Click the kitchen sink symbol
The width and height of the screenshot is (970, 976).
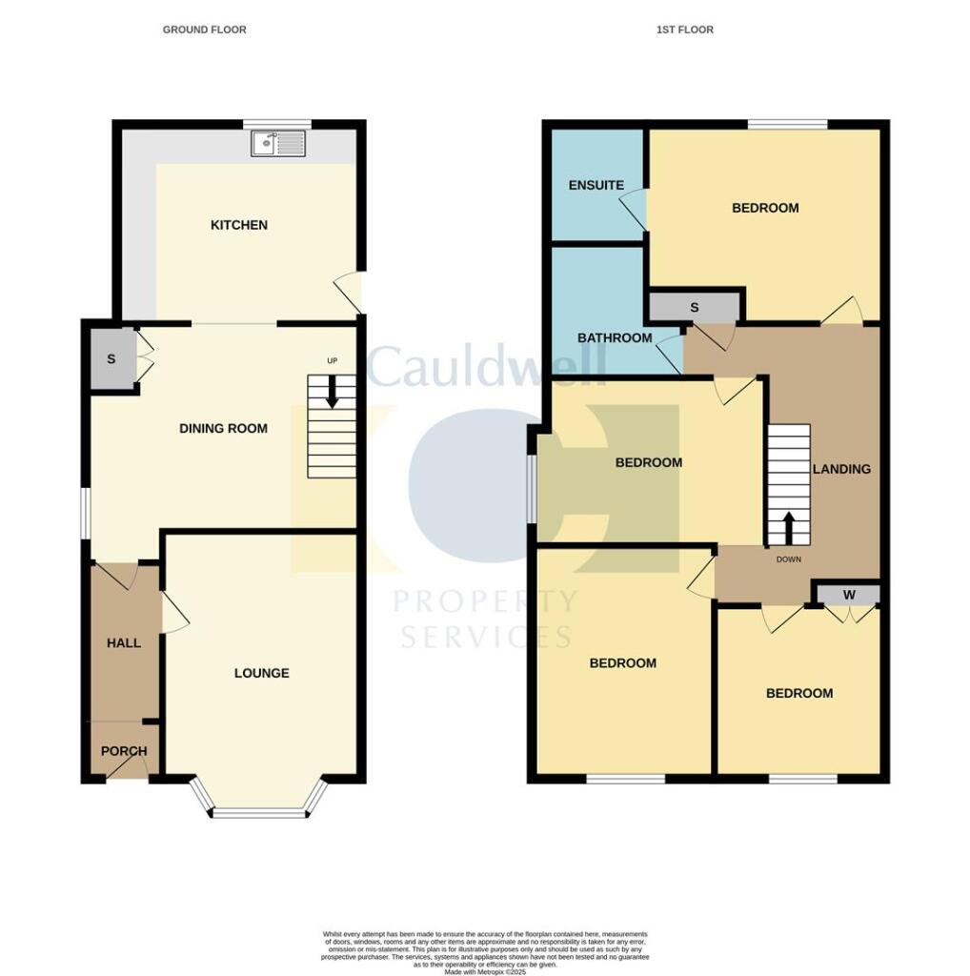point(277,144)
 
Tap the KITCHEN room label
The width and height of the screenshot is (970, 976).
point(239,226)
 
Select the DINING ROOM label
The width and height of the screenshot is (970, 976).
point(223,429)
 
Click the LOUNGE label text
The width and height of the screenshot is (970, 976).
point(262,674)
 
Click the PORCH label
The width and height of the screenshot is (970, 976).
point(124,751)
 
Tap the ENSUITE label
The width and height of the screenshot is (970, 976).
point(596,185)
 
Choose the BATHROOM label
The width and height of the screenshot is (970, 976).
point(616,338)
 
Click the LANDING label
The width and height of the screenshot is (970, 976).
point(841,469)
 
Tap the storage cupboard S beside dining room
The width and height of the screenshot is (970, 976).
point(111,359)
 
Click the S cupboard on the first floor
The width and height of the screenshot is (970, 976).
point(695,308)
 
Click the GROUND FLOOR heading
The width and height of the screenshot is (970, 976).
point(205,30)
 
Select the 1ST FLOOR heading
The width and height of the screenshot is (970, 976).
point(685,30)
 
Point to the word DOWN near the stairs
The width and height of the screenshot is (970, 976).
point(788,559)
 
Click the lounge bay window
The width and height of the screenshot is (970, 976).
point(259,813)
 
